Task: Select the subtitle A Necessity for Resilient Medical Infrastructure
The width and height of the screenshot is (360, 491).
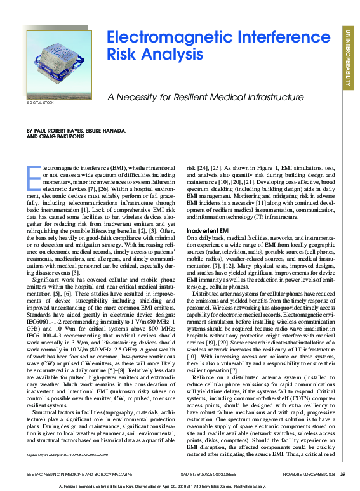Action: pyautogui.click(x=205, y=98)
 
